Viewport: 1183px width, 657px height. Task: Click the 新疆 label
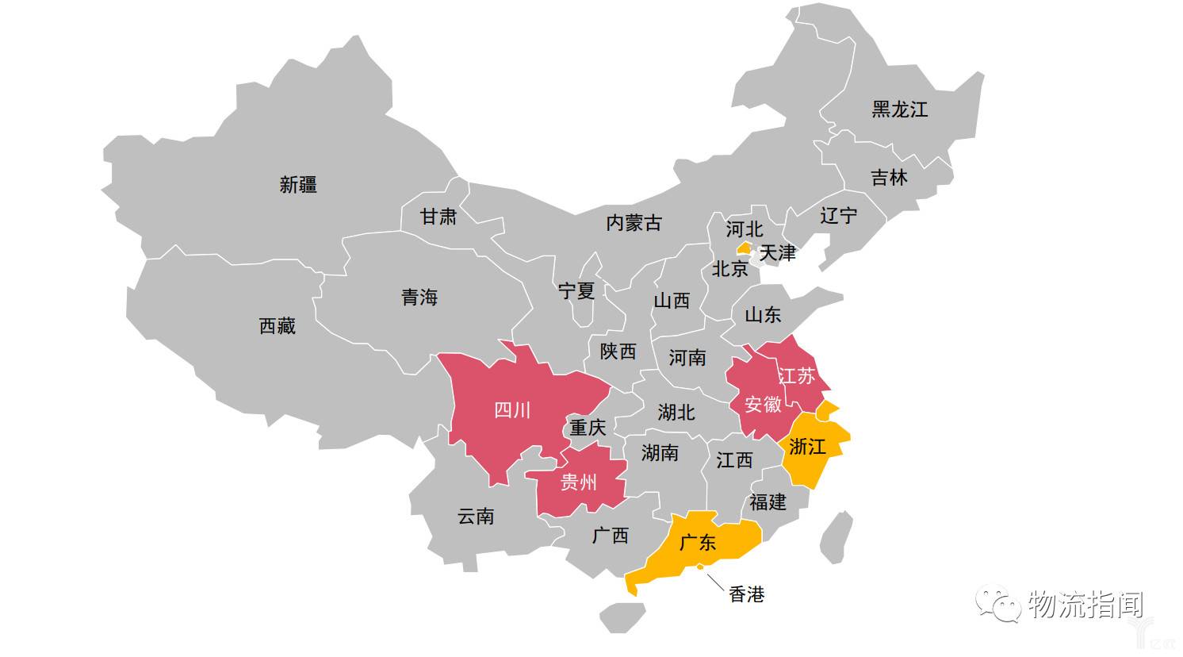coord(298,185)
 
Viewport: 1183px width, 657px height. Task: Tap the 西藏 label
coord(277,325)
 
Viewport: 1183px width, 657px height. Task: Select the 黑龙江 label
coord(899,109)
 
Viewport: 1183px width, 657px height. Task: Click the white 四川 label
coord(512,410)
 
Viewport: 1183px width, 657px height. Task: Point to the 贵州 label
coord(579,482)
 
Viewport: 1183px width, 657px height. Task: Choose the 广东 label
coord(698,542)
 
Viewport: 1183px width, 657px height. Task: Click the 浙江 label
coord(807,447)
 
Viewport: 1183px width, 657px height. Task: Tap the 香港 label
coord(746,594)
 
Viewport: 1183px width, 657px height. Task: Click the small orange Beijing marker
coord(744,248)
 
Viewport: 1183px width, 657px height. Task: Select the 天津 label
coord(777,253)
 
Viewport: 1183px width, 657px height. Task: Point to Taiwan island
coord(836,536)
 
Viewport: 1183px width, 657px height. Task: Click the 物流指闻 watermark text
coord(1085,605)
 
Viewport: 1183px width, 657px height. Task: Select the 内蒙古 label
coord(634,223)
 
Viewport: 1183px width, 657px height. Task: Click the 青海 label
coord(419,298)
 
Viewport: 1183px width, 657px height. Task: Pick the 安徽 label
coord(763,405)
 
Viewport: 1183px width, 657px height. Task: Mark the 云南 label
coord(476,517)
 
